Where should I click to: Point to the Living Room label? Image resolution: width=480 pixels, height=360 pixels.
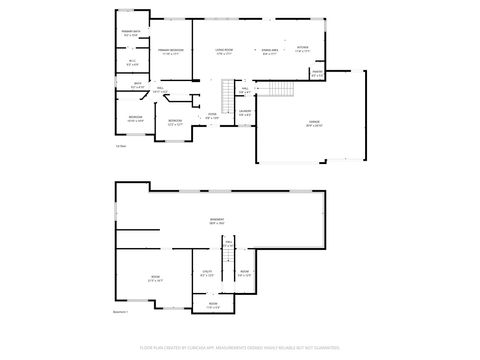coord(224,50)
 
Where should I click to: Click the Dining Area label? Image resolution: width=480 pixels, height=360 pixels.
coord(269,50)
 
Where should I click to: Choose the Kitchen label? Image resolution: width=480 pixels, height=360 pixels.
coord(303,47)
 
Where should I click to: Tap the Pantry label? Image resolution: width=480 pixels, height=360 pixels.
coord(317,72)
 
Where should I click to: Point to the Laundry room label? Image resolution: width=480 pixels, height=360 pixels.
coord(245,112)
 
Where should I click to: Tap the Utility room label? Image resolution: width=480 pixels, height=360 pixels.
coord(206,271)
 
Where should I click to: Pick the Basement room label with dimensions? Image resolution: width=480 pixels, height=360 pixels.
coord(216,221)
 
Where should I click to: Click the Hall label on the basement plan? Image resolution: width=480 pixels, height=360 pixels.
coord(228,244)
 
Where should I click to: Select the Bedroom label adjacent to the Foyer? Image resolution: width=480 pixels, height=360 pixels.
coord(175,122)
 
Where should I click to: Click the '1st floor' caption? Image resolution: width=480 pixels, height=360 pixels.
coord(120,146)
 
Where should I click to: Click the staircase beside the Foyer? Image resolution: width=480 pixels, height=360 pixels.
coord(226,97)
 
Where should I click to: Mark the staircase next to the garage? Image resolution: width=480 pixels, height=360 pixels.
coord(278,91)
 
